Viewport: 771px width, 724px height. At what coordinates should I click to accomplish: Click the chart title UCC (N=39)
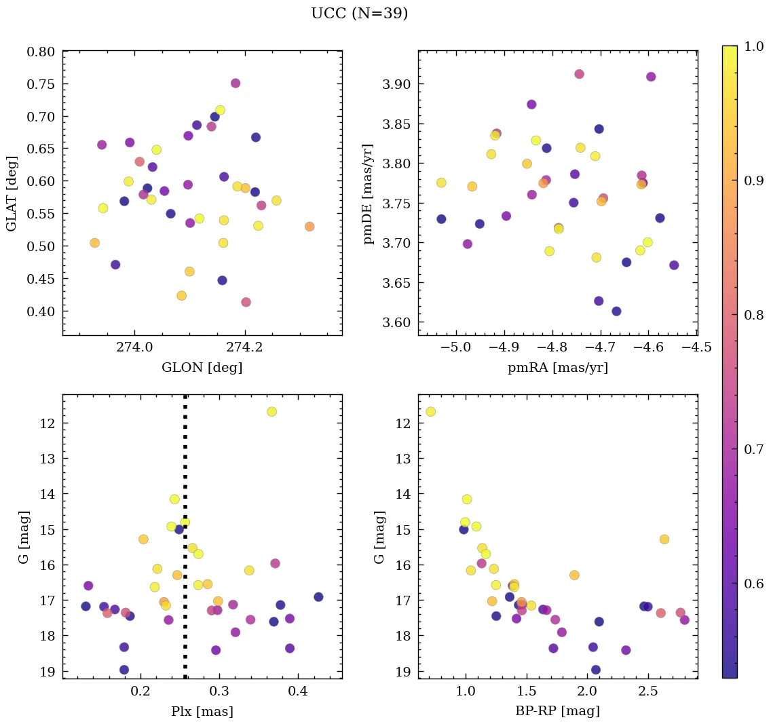click(359, 14)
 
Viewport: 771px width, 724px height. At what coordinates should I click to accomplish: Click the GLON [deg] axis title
click(202, 368)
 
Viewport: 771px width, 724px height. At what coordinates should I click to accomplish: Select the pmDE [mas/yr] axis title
click(368, 193)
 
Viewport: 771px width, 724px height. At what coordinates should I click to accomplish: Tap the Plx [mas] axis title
click(202, 711)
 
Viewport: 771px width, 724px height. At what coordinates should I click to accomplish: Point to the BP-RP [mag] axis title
click(557, 711)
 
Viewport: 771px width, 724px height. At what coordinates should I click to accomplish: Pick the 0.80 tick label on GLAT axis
click(41, 52)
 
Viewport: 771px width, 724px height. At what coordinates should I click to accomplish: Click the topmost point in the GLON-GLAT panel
click(236, 83)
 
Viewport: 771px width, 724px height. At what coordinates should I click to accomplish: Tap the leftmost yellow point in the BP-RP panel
click(430, 412)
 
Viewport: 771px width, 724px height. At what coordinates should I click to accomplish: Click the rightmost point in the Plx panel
click(318, 597)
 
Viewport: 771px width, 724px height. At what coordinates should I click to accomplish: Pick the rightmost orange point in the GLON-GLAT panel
click(309, 227)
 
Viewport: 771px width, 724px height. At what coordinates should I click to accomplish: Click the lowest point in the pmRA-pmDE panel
click(616, 311)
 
